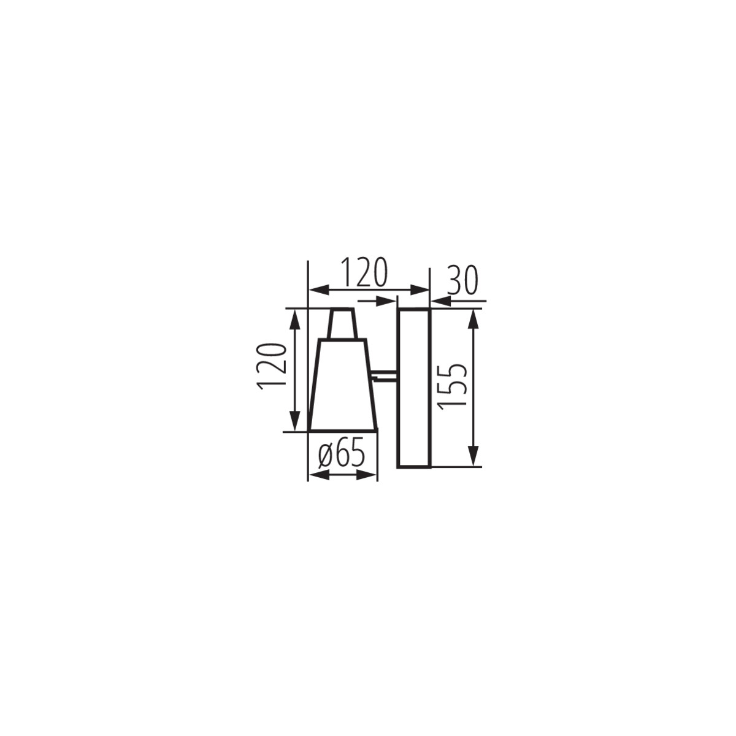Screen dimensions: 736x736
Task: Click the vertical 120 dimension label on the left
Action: click(x=272, y=366)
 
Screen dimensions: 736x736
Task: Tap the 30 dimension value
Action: click(x=462, y=280)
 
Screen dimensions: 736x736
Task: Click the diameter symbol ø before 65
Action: click(x=326, y=455)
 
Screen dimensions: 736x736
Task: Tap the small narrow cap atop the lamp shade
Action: click(x=342, y=324)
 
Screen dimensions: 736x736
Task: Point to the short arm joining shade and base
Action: click(x=385, y=374)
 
